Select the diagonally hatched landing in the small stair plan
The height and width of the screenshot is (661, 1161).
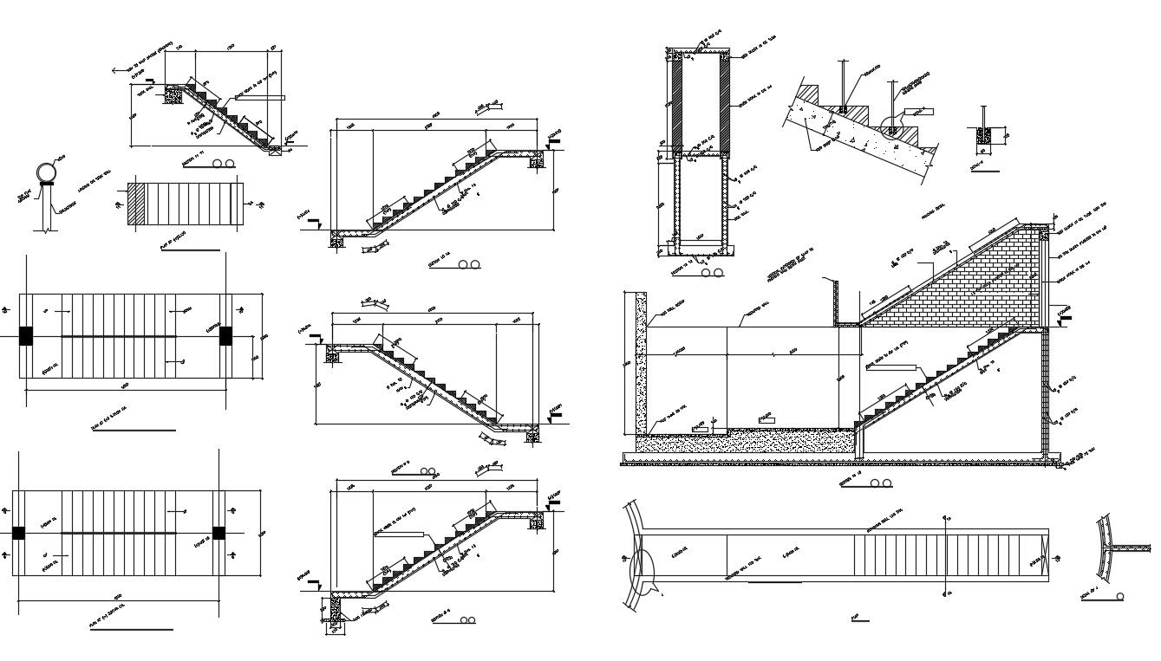click(x=136, y=204)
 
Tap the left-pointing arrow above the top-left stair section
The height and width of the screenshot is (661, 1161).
click(x=117, y=70)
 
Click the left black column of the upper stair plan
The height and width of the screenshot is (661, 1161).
click(x=26, y=336)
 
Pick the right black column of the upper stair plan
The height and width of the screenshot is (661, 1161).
click(x=226, y=336)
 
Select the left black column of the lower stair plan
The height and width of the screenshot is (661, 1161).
click(x=18, y=533)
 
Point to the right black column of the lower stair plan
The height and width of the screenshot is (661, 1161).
click(x=219, y=533)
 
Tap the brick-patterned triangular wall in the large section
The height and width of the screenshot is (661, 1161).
click(x=980, y=286)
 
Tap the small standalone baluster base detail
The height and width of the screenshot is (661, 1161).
click(x=983, y=136)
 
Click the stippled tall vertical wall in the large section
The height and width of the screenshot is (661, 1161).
click(x=641, y=364)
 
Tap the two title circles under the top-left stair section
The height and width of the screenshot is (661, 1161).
click(x=224, y=162)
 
